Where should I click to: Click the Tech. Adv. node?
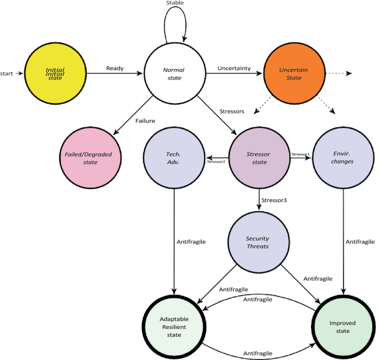click(x=174, y=158)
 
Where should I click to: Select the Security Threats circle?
click(x=257, y=242)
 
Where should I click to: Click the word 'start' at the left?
click(x=8, y=73)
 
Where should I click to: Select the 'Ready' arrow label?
click(x=115, y=69)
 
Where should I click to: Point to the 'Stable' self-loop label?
click(x=175, y=3)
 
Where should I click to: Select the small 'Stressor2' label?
click(x=216, y=162)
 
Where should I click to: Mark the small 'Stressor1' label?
click(x=301, y=154)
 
